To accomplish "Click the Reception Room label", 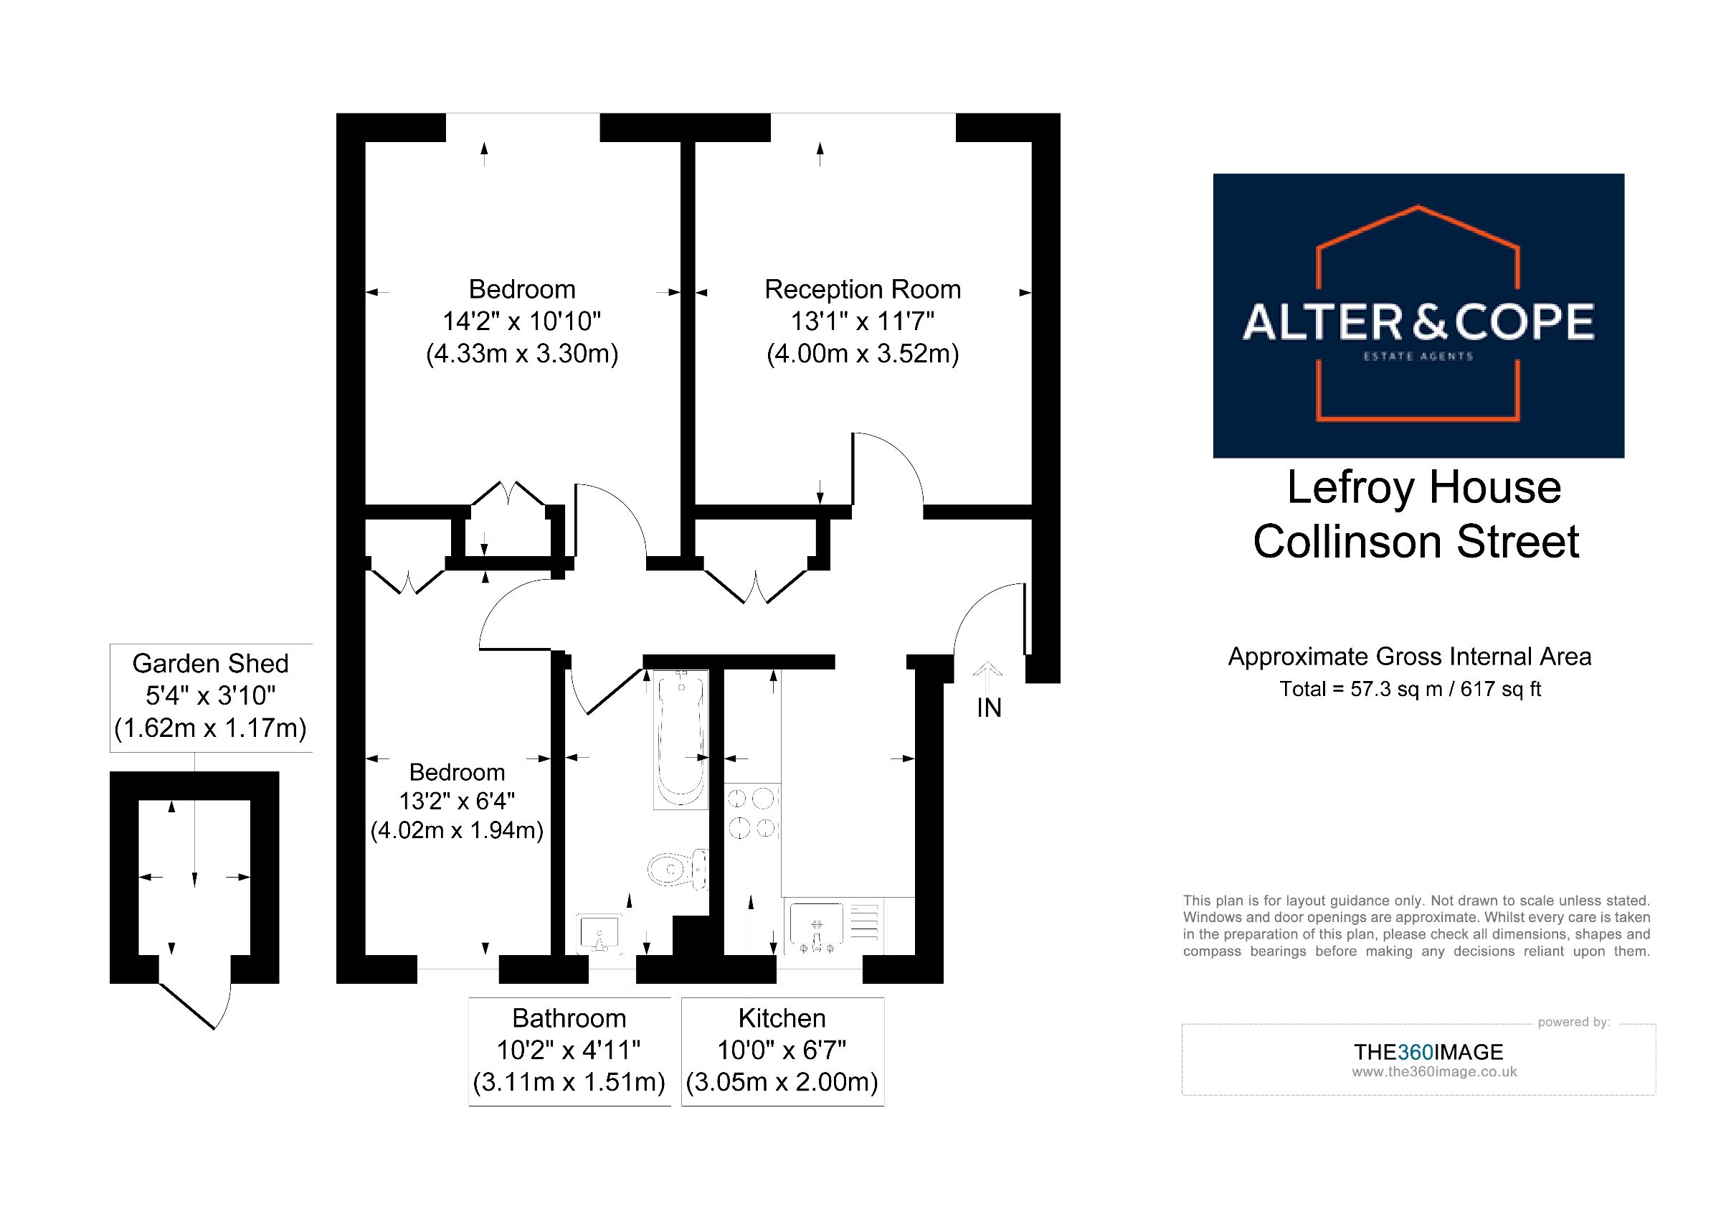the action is coord(862,289).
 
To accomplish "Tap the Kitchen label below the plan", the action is coord(782,1018).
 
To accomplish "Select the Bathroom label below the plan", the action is coord(569,1018).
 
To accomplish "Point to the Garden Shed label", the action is coord(211,664).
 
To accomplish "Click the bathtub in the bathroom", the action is coord(681,739).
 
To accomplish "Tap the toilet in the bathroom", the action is coord(678,870).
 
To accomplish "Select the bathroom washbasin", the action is coord(599,934).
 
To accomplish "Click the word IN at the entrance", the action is coord(989,708).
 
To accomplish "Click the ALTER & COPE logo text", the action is coord(1418,322).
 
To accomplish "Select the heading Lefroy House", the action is coord(1423,487).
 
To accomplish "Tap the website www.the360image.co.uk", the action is coord(1434,1072).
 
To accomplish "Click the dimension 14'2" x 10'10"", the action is coord(522,321).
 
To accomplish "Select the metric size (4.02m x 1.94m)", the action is coord(457,831).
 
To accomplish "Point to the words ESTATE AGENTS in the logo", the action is coord(1418,356).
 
